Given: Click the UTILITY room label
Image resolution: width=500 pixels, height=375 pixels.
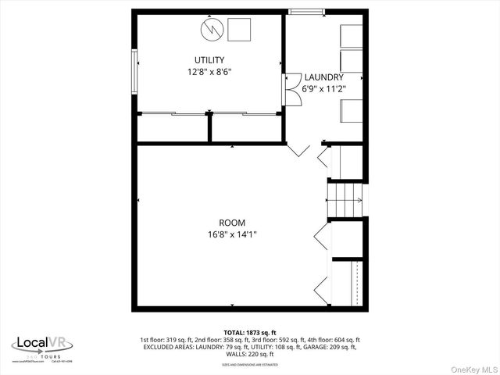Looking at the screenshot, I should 209,60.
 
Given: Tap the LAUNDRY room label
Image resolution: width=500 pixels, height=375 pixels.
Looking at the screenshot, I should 323,77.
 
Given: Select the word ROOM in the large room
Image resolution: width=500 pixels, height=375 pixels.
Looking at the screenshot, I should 231,223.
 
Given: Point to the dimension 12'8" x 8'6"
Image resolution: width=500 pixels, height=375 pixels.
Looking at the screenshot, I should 209,72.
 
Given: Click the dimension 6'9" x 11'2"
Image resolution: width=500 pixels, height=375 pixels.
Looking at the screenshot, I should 323,88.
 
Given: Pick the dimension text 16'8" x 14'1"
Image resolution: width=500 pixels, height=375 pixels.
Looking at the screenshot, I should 231,234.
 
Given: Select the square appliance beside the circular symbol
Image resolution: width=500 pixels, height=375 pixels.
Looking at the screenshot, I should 239,30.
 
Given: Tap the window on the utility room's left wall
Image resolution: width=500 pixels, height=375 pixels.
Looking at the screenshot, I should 134,69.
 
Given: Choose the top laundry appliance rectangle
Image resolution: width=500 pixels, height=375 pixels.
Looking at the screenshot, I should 351,36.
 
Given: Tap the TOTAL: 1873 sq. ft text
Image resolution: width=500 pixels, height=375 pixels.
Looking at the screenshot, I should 249,333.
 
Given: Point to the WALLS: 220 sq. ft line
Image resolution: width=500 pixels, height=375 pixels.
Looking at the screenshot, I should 249,354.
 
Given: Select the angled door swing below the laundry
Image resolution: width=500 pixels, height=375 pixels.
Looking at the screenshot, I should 299,148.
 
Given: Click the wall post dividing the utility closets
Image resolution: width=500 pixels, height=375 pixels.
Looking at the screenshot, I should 209,127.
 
